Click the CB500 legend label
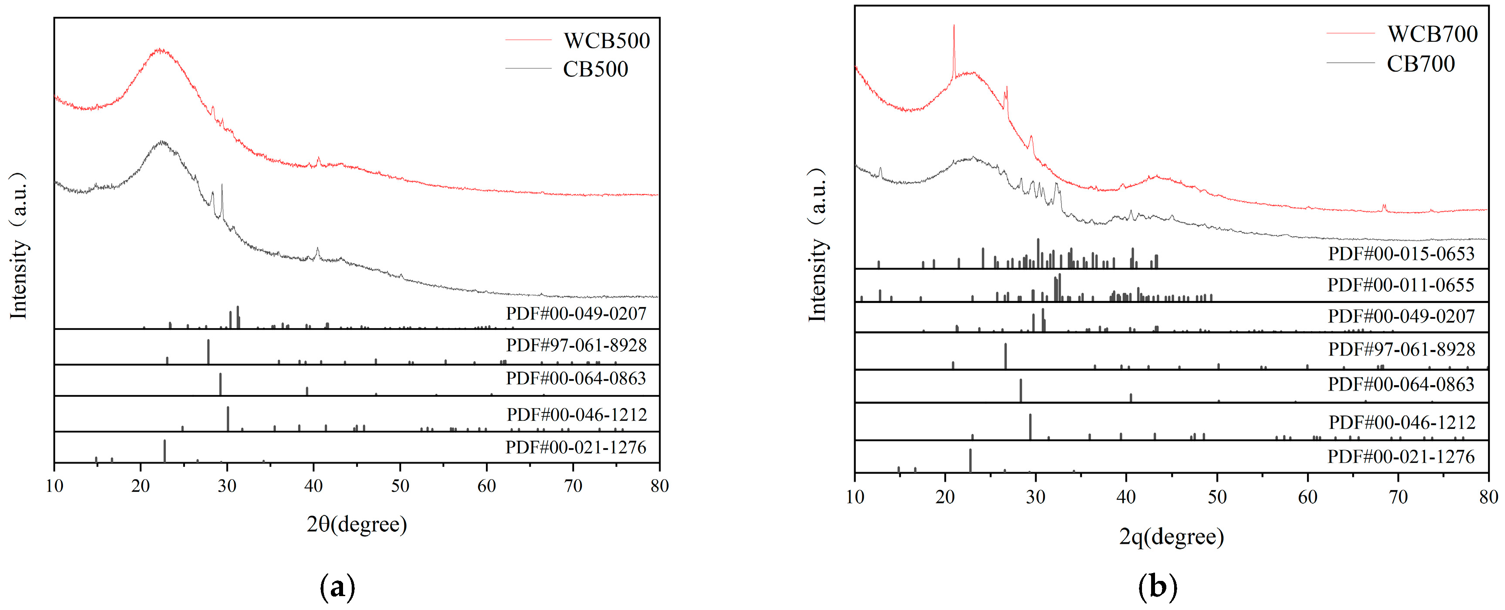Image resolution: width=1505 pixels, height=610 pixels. pyautogui.click(x=595, y=69)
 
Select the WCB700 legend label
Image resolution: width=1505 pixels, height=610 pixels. pyautogui.click(x=1432, y=34)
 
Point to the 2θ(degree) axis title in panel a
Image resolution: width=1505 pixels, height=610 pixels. pyautogui.click(x=356, y=524)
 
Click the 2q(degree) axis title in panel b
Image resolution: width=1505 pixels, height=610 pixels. pyautogui.click(x=1171, y=536)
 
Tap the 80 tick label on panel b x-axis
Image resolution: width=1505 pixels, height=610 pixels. pyautogui.click(x=1488, y=497)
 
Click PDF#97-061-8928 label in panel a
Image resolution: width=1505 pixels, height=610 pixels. pyautogui.click(x=576, y=345)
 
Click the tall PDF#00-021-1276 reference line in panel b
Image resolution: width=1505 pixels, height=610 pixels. pyautogui.click(x=970, y=460)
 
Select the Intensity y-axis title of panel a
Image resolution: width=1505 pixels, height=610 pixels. pyautogui.click(x=19, y=245)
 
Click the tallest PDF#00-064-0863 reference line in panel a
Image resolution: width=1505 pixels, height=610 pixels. pyautogui.click(x=220, y=384)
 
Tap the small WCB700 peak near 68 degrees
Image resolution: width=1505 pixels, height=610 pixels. pyautogui.click(x=1383, y=206)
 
